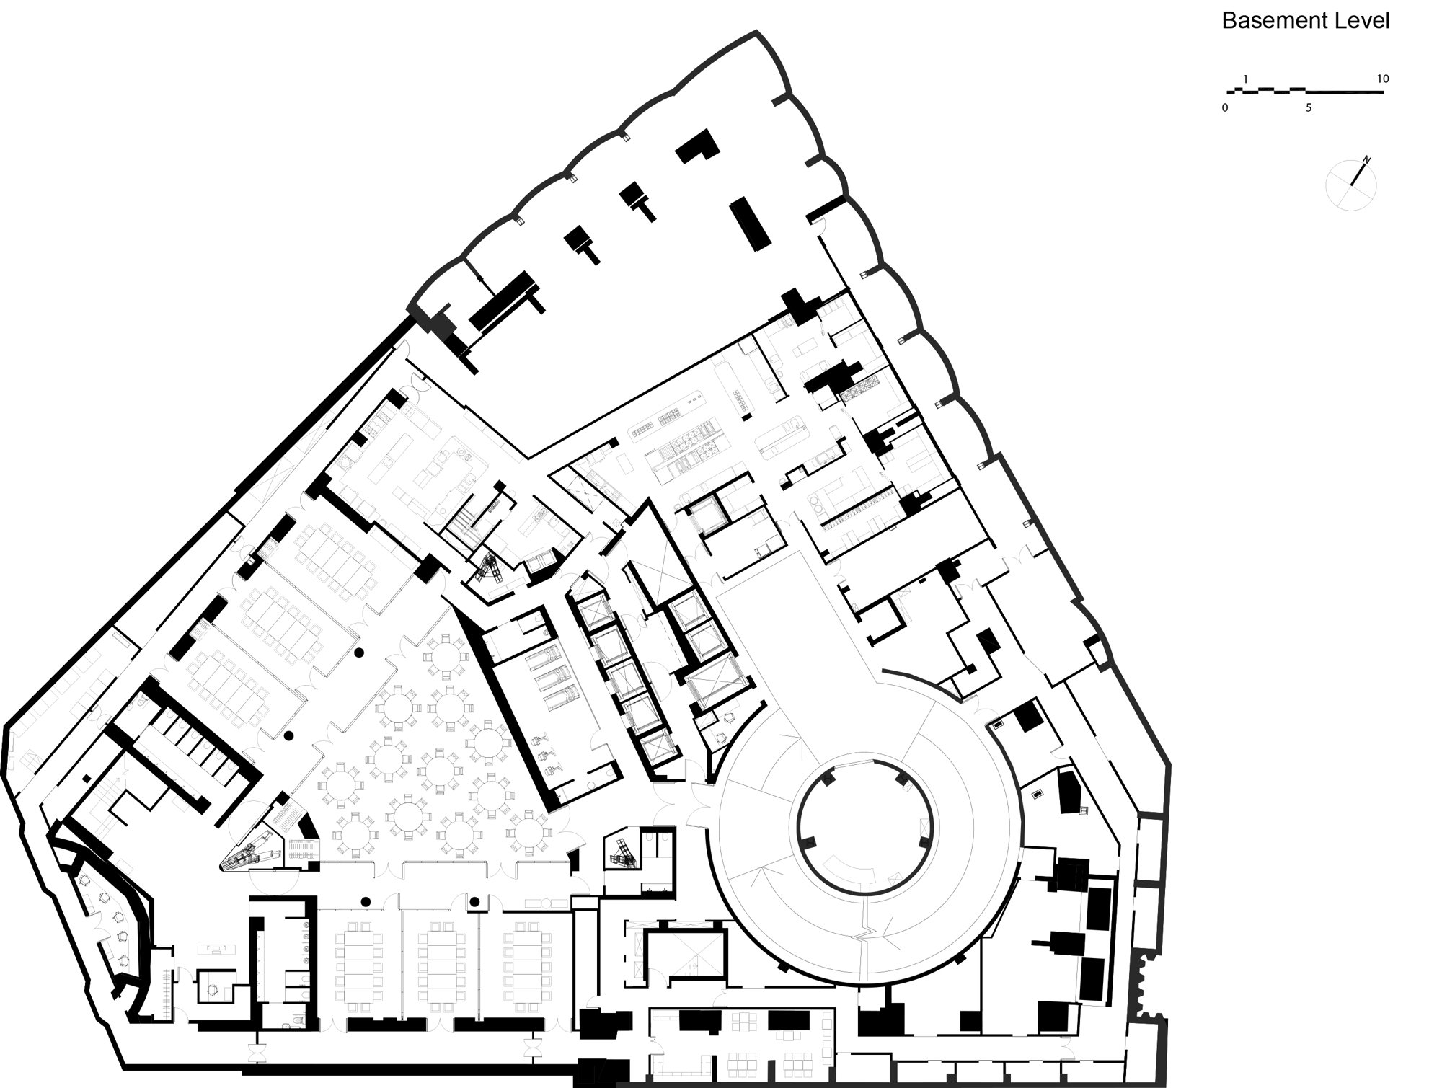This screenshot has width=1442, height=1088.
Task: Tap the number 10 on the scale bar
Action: [x=1382, y=79]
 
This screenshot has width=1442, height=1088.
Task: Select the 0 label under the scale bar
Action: [x=1225, y=108]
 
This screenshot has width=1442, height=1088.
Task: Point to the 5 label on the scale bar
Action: [x=1309, y=108]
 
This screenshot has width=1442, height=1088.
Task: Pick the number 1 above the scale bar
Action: [x=1245, y=79]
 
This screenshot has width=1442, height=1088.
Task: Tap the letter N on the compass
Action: [x=1366, y=159]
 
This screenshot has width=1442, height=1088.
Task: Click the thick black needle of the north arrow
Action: [x=1358, y=175]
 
